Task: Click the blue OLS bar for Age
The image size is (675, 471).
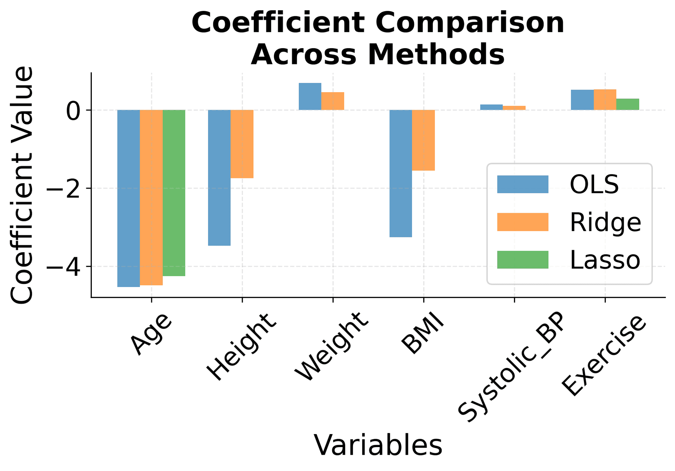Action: [x=128, y=198]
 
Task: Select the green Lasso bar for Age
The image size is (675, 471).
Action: [x=174, y=193]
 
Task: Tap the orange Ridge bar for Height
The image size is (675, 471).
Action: [x=242, y=144]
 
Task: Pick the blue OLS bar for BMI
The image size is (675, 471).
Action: [x=400, y=173]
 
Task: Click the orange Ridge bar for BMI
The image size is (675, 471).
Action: [x=423, y=140]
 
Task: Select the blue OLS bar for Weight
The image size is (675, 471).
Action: [x=310, y=96]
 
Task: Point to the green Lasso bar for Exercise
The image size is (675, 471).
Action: [x=628, y=104]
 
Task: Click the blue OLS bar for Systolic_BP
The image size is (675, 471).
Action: [x=491, y=107]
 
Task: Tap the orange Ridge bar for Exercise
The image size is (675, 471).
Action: [x=605, y=100]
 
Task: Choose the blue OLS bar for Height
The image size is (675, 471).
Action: [x=219, y=178]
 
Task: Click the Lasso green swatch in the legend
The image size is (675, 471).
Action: [x=522, y=260]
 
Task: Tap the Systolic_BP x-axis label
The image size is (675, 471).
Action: [x=512, y=368]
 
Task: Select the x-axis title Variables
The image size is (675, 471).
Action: [x=378, y=446]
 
